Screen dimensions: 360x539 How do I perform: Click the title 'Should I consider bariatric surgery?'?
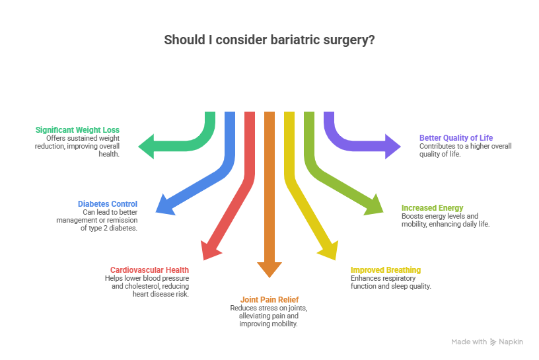269,40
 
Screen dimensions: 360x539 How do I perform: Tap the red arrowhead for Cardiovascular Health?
211,249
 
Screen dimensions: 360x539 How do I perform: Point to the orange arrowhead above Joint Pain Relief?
268,269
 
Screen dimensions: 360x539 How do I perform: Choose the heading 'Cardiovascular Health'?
149,270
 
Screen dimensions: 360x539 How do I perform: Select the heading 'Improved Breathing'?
385,270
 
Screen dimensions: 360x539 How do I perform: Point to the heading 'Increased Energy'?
433,207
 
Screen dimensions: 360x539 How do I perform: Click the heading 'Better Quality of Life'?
456,137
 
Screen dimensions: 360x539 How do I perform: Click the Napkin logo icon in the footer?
493,342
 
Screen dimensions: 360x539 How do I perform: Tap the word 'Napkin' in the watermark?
511,342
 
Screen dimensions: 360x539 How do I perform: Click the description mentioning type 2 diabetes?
110,220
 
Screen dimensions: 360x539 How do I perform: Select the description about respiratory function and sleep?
390,283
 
